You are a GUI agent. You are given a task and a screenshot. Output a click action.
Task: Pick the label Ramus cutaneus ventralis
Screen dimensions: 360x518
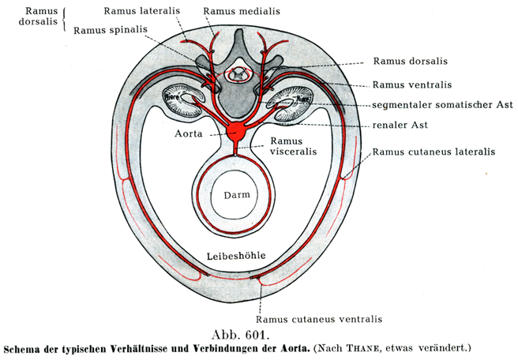[x=324, y=319]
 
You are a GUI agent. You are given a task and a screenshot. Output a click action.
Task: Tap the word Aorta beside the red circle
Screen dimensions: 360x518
[x=190, y=134]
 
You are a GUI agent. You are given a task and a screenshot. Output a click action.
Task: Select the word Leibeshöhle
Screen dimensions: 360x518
[x=236, y=255]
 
